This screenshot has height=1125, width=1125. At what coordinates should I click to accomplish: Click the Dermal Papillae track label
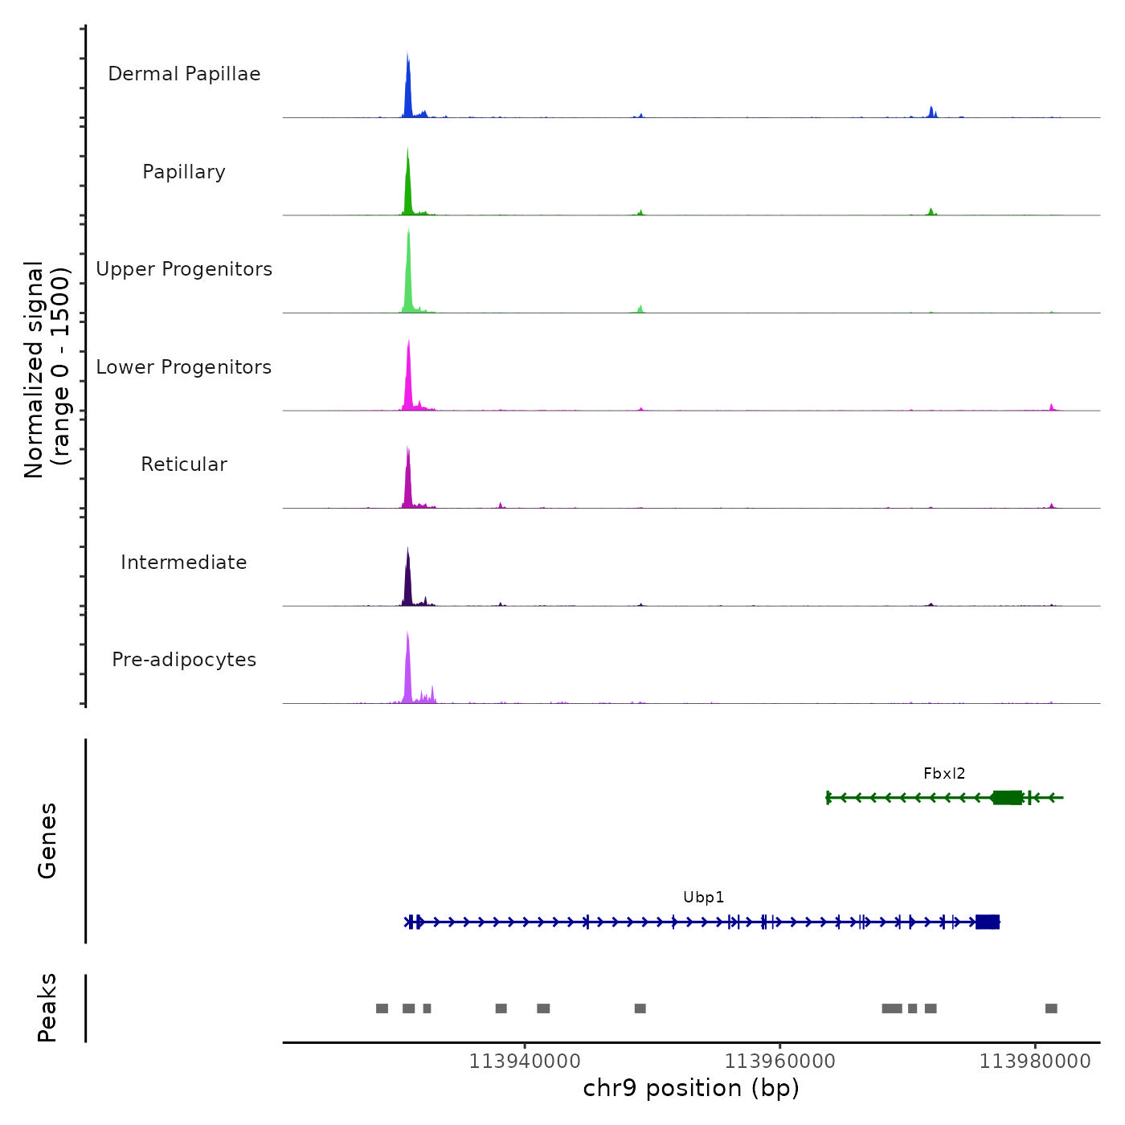click(184, 74)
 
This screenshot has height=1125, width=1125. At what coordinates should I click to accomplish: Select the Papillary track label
click(184, 172)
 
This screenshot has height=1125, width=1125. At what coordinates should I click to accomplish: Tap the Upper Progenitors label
click(184, 269)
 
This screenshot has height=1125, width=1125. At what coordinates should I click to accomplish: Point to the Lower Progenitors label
click(184, 367)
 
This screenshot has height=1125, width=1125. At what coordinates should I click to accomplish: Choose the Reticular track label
click(184, 464)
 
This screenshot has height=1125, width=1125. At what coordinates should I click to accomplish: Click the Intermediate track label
click(184, 562)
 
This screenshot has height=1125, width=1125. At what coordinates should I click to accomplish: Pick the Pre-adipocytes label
click(184, 660)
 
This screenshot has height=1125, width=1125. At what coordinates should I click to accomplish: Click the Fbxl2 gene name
click(944, 774)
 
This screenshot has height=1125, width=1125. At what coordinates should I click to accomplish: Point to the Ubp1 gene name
click(704, 898)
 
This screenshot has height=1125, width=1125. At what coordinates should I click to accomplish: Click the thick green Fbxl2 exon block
click(1008, 797)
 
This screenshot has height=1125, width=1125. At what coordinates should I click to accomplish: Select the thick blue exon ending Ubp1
click(988, 922)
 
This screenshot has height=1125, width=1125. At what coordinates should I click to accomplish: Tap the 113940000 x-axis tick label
click(525, 1062)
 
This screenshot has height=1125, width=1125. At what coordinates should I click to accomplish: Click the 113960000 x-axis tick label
click(779, 1062)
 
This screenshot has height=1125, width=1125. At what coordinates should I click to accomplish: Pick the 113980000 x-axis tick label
click(1035, 1062)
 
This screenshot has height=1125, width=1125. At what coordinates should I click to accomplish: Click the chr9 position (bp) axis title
click(691, 1088)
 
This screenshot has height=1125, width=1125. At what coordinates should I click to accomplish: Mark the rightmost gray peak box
click(1051, 1008)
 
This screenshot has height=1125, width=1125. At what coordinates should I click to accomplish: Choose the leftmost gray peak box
click(382, 1008)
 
